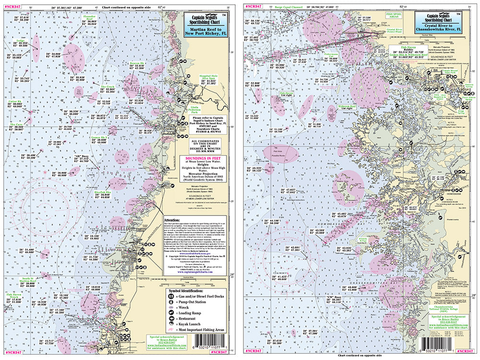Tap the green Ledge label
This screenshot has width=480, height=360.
point(20,40)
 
